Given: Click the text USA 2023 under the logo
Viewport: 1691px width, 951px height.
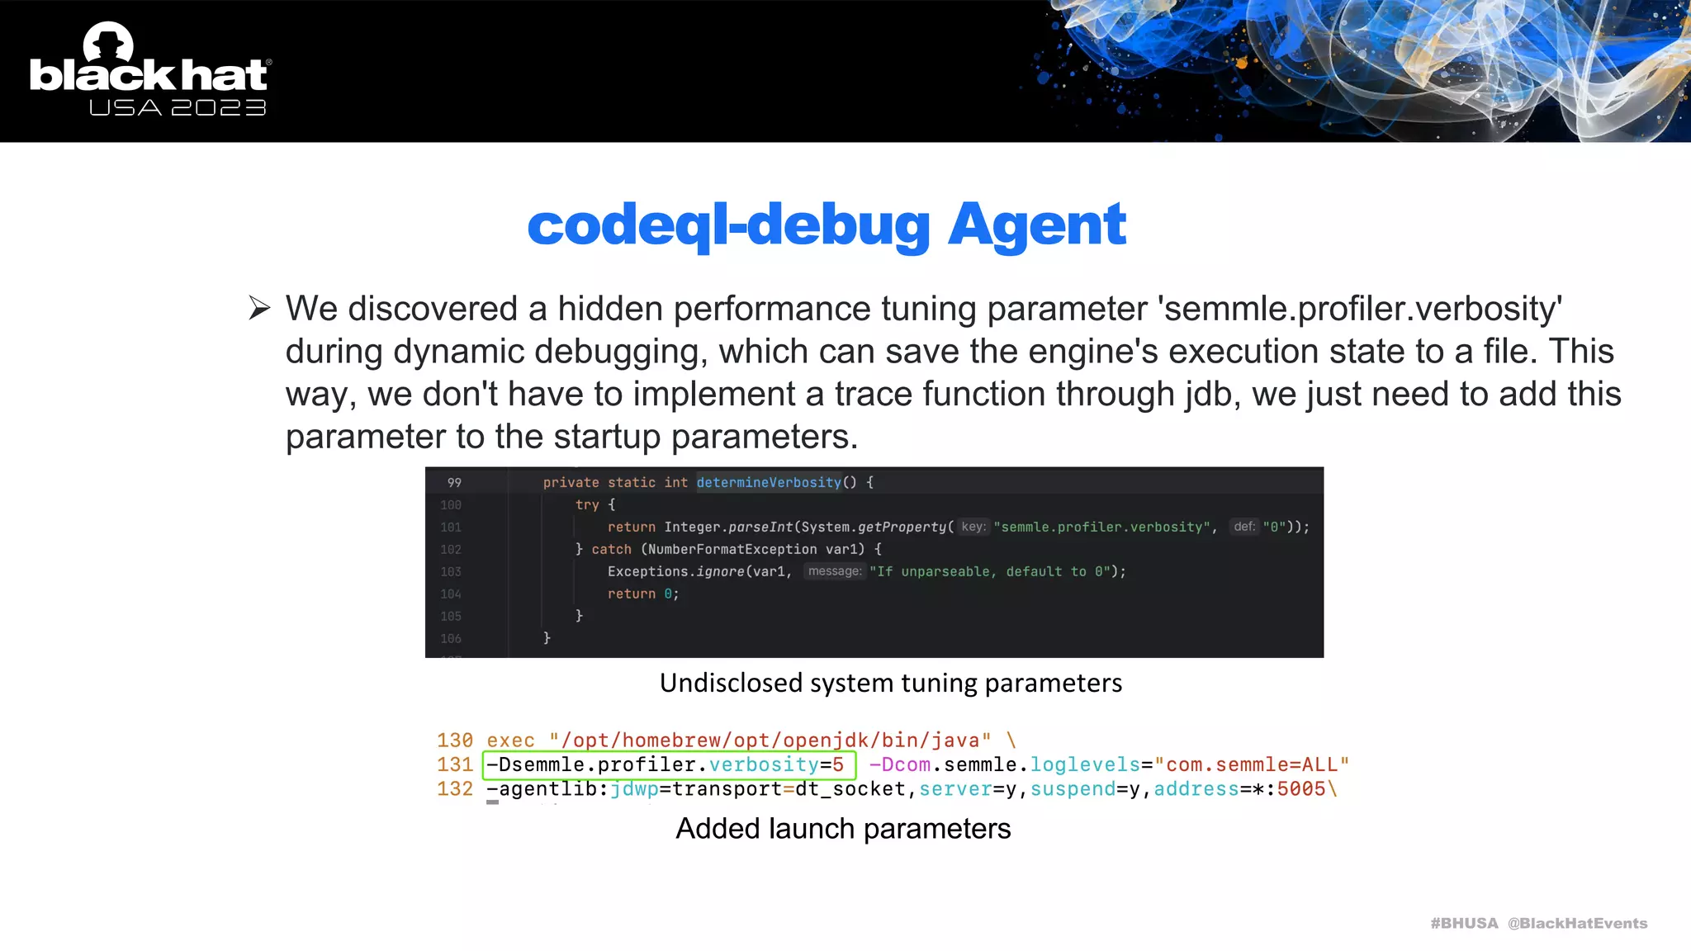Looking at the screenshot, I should pyautogui.click(x=178, y=108).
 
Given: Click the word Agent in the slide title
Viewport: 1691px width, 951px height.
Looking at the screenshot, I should pyautogui.click(x=1036, y=225).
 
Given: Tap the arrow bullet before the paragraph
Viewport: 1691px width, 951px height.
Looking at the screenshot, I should pyautogui.click(x=259, y=308).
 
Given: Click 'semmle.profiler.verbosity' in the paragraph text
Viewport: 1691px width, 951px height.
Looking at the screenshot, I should pyautogui.click(x=1360, y=309).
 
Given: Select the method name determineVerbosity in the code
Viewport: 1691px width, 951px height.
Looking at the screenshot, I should pyautogui.click(x=769, y=482).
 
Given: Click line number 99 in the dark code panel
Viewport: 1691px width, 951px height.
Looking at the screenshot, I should pyautogui.click(x=454, y=482).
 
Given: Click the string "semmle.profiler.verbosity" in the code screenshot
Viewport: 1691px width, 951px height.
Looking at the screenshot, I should pyautogui.click(x=1101, y=527).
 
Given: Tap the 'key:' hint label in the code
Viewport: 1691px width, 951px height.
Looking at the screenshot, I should pyautogui.click(x=973, y=527).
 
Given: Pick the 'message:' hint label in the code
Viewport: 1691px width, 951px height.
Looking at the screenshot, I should pyautogui.click(x=834, y=571).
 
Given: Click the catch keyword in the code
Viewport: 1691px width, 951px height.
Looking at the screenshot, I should pyautogui.click(x=611, y=549).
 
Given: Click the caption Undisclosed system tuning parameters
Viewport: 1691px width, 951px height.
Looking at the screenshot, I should pyautogui.click(x=890, y=683).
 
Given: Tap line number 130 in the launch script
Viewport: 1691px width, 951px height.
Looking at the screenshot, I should pyautogui.click(x=455, y=740).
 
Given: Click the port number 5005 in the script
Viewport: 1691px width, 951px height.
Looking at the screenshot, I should pyautogui.click(x=1300, y=789).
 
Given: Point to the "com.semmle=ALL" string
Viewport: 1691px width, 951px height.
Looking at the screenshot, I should pyautogui.click(x=1252, y=765).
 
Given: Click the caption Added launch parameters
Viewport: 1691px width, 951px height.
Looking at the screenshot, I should pyautogui.click(x=843, y=828).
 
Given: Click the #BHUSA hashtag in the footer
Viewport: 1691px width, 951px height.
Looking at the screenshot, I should pyautogui.click(x=1464, y=923).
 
